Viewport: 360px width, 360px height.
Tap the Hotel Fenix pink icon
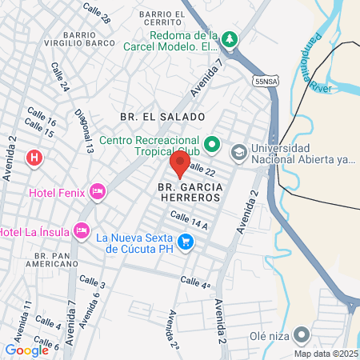98,191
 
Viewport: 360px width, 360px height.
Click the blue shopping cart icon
186,241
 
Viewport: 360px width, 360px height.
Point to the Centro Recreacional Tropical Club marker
212,146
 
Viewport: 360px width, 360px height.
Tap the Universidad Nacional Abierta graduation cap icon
239,151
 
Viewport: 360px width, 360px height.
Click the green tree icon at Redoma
230,38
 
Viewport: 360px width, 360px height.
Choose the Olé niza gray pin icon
302,334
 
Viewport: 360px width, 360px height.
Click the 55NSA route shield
266,81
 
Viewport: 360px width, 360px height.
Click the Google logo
26,350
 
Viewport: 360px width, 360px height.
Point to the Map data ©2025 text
325,354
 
